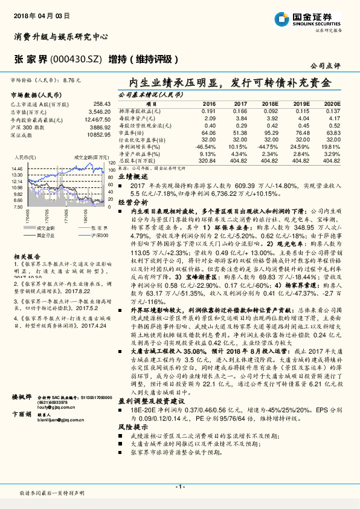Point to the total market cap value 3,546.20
[x=98, y=112]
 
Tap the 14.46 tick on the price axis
[x=16, y=169]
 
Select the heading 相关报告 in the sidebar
[x=25, y=239]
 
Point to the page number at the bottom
[x=179, y=487]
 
